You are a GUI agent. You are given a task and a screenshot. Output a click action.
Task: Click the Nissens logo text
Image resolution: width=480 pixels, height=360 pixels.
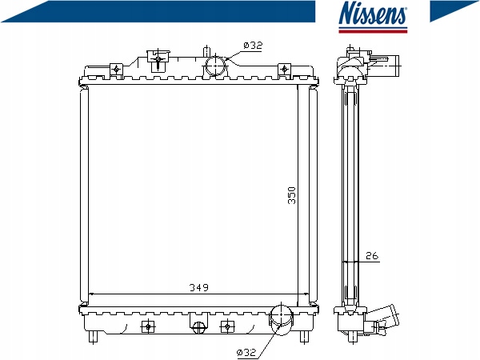[373, 13]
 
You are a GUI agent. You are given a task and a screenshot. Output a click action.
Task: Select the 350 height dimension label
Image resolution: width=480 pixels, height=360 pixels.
[292, 195]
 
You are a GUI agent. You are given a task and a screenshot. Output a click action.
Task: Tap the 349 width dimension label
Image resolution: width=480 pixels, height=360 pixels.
[198, 287]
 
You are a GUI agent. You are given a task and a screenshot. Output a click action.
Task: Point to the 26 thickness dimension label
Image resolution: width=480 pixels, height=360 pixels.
[372, 255]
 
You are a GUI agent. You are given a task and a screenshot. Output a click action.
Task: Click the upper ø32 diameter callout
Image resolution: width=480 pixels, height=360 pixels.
[253, 46]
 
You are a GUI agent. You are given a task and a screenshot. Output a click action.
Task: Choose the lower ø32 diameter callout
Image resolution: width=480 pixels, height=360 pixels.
[246, 352]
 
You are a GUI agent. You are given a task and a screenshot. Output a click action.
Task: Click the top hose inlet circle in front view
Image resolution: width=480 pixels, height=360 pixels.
[215, 66]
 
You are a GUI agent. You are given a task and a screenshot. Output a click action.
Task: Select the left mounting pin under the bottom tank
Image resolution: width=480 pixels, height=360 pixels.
[94, 337]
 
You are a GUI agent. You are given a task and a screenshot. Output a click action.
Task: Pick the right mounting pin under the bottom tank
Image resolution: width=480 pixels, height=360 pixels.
[304, 337]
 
